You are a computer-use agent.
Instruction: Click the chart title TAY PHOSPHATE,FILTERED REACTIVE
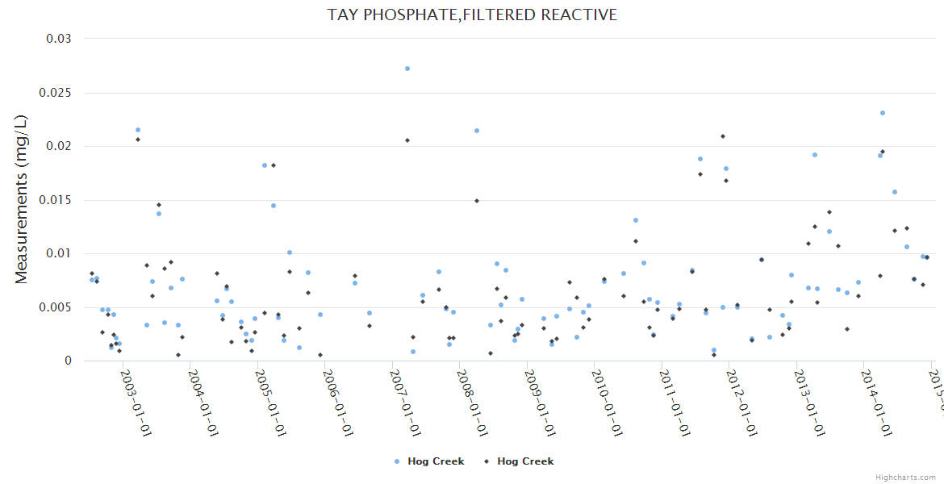coord(472,15)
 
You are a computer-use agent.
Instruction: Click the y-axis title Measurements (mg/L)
coord(22,199)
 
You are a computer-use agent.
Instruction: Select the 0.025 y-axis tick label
coord(56,93)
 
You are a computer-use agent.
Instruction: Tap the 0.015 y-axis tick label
coord(56,200)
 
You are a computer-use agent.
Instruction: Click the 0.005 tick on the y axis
coord(56,307)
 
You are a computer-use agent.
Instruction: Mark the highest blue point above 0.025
coord(407,69)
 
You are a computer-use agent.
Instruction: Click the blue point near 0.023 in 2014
coord(883,113)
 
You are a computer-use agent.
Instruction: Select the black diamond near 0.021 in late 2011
coord(723,136)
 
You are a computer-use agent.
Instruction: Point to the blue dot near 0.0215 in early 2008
coord(477,131)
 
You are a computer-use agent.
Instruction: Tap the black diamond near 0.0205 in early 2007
coord(407,140)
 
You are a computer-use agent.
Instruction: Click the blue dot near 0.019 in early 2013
coord(815,155)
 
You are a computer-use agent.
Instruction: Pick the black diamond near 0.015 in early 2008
coord(477,201)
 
